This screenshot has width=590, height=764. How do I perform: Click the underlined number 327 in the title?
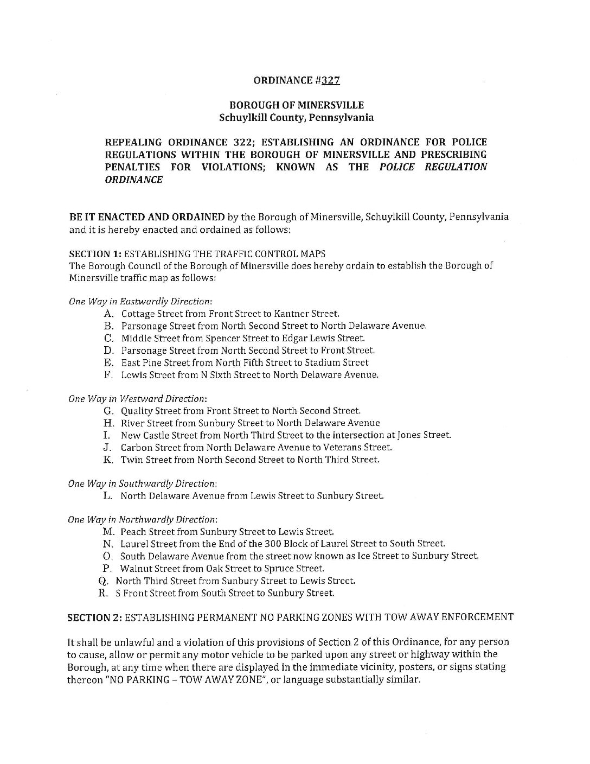[330, 81]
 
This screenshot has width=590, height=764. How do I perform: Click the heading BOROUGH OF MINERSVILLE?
[297, 105]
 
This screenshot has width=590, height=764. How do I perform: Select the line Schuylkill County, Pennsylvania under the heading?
[296, 117]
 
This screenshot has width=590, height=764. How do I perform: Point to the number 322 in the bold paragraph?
[240, 142]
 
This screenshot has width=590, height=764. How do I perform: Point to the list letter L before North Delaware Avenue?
[107, 496]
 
